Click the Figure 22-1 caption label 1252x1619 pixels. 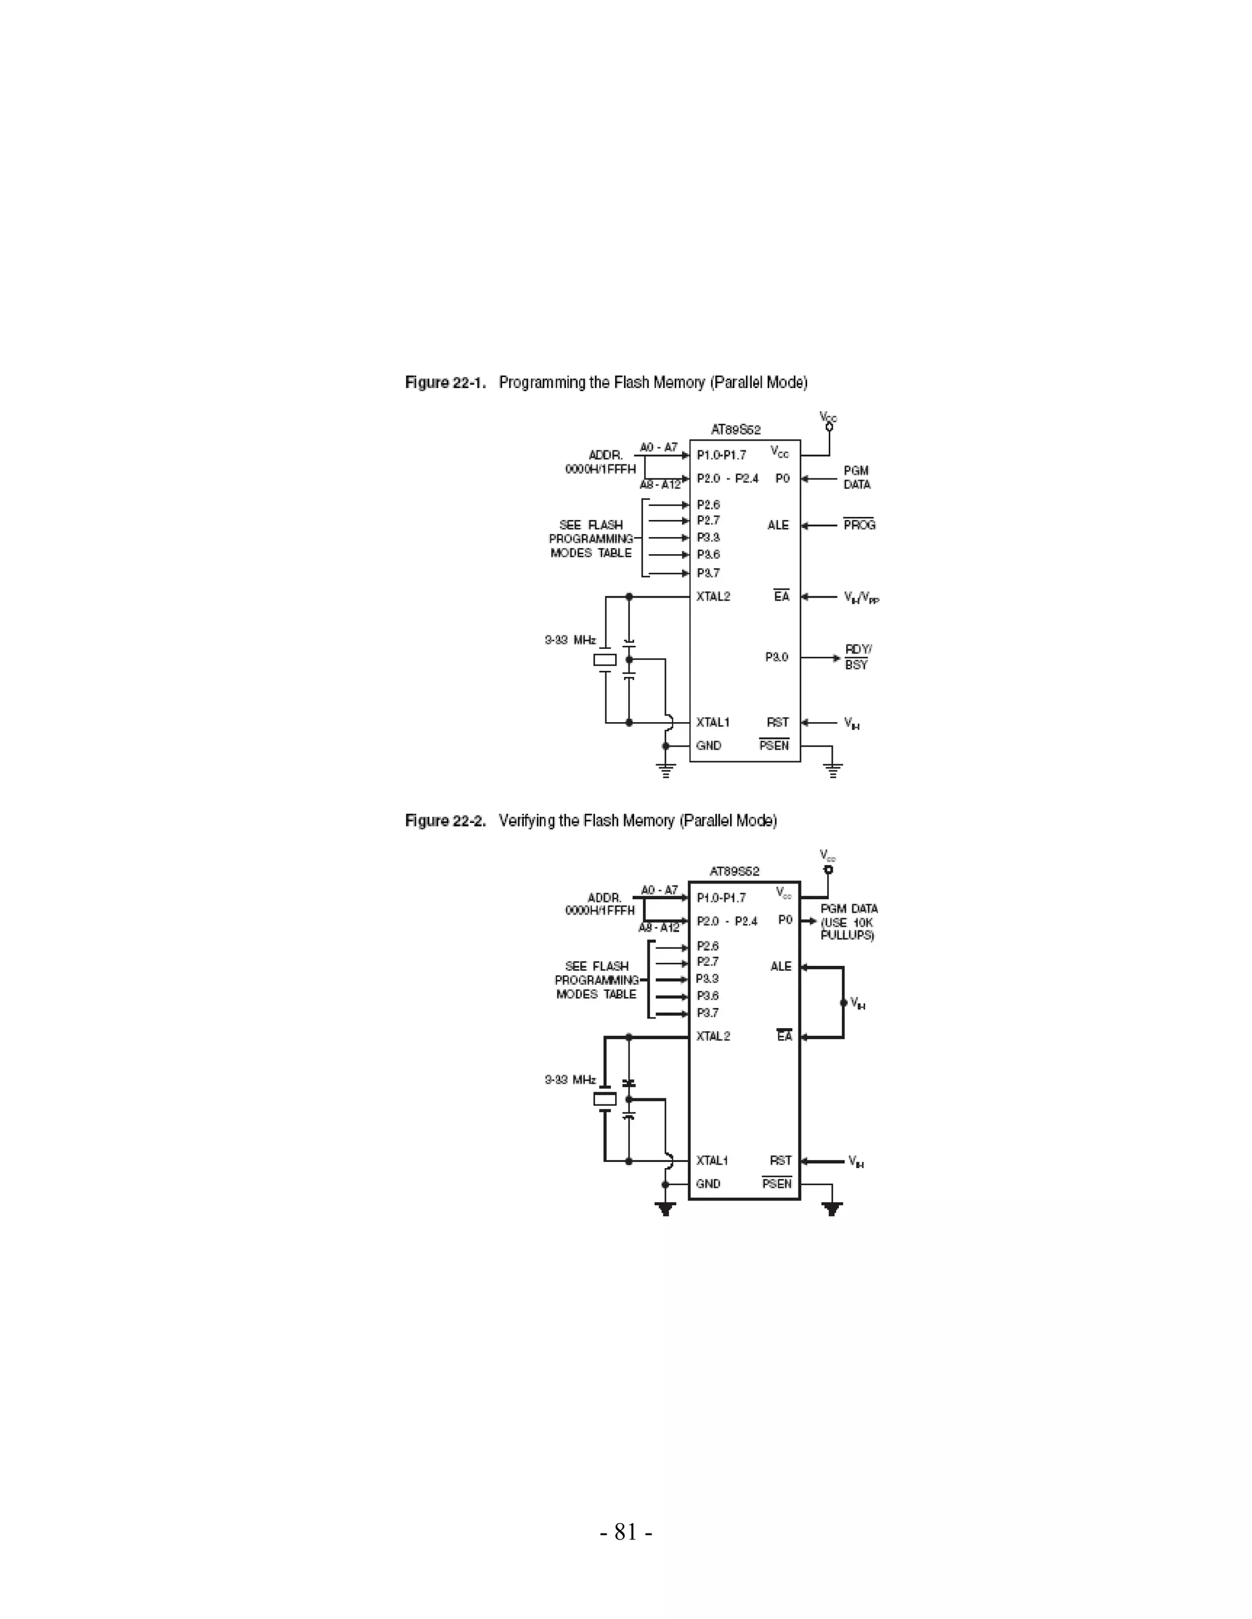pyautogui.click(x=445, y=382)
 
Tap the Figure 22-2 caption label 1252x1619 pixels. pyautogui.click(x=445, y=820)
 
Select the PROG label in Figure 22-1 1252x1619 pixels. pyautogui.click(x=859, y=525)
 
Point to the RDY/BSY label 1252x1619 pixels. pyautogui.click(x=858, y=657)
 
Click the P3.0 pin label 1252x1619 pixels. pyautogui.click(x=776, y=657)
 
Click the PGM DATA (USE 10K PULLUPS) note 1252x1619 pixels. pyautogui.click(x=849, y=922)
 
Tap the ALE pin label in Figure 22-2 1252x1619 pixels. pyautogui.click(x=781, y=967)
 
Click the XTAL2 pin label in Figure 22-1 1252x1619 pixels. pyautogui.click(x=713, y=597)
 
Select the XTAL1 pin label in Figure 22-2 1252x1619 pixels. pyautogui.click(x=712, y=1161)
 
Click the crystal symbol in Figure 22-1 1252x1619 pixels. pyautogui.click(x=605, y=660)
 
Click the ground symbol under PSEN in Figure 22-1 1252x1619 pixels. pyautogui.click(x=833, y=771)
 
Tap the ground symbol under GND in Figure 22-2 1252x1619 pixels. pyautogui.click(x=666, y=1210)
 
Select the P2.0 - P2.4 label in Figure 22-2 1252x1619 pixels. pyautogui.click(x=727, y=921)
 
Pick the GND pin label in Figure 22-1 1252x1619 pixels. pyautogui.click(x=709, y=746)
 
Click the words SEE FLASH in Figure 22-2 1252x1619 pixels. pyautogui.click(x=596, y=967)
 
